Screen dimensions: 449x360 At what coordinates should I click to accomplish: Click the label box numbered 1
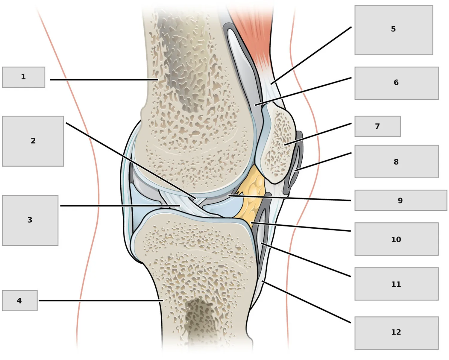[x=24, y=77]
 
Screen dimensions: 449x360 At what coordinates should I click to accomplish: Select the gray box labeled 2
[x=33, y=141]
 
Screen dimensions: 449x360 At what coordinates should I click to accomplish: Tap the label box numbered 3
[x=30, y=220]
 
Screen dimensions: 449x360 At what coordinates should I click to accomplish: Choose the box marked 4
[x=20, y=300]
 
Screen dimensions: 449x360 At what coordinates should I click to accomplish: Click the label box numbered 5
[x=394, y=30]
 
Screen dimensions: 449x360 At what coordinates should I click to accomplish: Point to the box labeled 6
[x=396, y=83]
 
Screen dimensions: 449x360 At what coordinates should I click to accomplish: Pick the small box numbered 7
[x=377, y=126]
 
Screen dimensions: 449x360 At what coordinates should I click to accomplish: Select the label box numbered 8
[x=396, y=161]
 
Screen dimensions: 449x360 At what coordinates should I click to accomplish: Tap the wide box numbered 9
[x=401, y=200]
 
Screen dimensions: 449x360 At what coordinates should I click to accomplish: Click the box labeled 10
[x=396, y=239]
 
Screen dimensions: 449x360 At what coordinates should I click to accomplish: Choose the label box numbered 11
[x=396, y=284]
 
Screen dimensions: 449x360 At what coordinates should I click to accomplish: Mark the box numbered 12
[x=396, y=333]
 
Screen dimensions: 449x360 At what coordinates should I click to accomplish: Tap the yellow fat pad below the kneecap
[x=251, y=196]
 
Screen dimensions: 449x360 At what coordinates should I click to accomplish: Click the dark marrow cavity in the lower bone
[x=198, y=321]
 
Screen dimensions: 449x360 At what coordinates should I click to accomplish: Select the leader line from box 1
[x=104, y=80]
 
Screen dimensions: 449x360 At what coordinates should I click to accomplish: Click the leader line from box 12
[x=306, y=302]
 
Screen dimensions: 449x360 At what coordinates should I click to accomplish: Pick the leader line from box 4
[x=101, y=300]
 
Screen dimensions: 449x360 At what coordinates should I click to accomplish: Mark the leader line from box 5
[x=311, y=55]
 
